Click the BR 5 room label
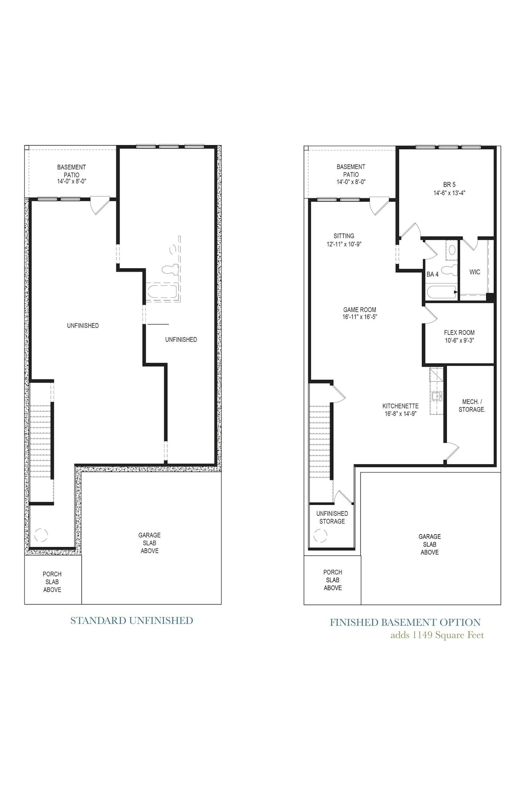pyautogui.click(x=449, y=184)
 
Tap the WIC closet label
pyautogui.click(x=474, y=272)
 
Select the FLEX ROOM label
pyautogui.click(x=459, y=333)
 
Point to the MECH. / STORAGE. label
pyautogui.click(x=472, y=406)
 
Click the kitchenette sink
pyautogui.click(x=437, y=396)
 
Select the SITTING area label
pyautogui.click(x=344, y=236)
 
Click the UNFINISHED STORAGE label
pyautogui.click(x=332, y=517)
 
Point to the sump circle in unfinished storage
pyautogui.click(x=320, y=536)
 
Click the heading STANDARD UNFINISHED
pyautogui.click(x=132, y=620)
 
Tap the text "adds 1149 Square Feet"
pyautogui.click(x=437, y=635)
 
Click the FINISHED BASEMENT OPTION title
pyautogui.click(x=406, y=622)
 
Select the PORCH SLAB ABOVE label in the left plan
pyautogui.click(x=52, y=582)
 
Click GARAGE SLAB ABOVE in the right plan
pyautogui.click(x=430, y=544)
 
